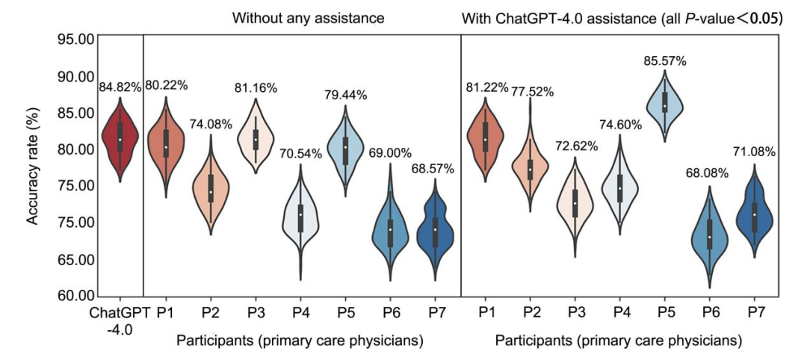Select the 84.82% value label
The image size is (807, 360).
[x=120, y=87]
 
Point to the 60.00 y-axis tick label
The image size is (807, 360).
[x=74, y=296]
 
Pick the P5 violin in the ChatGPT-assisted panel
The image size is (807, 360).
[x=664, y=105]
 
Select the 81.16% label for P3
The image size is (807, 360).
[x=256, y=88]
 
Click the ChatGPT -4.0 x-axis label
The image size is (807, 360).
[x=120, y=317]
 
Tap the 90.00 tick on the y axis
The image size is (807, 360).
[x=74, y=76]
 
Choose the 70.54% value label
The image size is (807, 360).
[x=300, y=155]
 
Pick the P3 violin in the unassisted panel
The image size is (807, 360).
[x=256, y=139]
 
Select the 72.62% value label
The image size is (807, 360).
[x=574, y=146]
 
